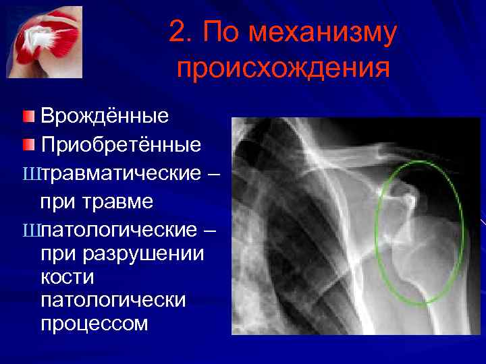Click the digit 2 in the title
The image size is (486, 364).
tap(178, 33)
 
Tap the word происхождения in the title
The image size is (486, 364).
tap(283, 68)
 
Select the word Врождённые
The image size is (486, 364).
tap(105, 116)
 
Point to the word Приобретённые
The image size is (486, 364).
tap(121, 144)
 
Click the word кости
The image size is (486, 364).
tap(67, 277)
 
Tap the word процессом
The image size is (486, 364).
tap(94, 323)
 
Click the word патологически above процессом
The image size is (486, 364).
tap(113, 300)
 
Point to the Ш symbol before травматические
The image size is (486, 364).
tap(31, 175)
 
